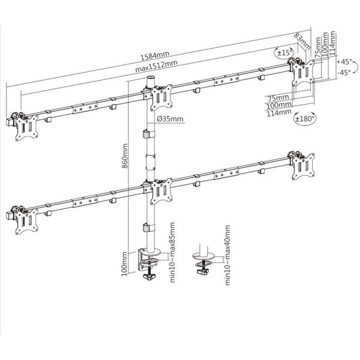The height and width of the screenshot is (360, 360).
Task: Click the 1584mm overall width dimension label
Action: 155,56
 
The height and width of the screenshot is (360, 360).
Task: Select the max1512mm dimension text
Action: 156,65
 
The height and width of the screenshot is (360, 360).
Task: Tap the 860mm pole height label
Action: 125,156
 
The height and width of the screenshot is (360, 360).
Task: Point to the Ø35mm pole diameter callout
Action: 170,119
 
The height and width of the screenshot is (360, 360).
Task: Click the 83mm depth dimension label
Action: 302,41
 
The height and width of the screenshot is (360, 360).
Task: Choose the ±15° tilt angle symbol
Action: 284,53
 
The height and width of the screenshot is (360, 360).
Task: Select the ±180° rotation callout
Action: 305,119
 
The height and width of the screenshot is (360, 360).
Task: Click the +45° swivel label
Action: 344,62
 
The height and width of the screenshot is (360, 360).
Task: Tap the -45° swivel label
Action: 344,73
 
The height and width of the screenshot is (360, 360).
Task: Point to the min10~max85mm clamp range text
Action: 172,252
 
